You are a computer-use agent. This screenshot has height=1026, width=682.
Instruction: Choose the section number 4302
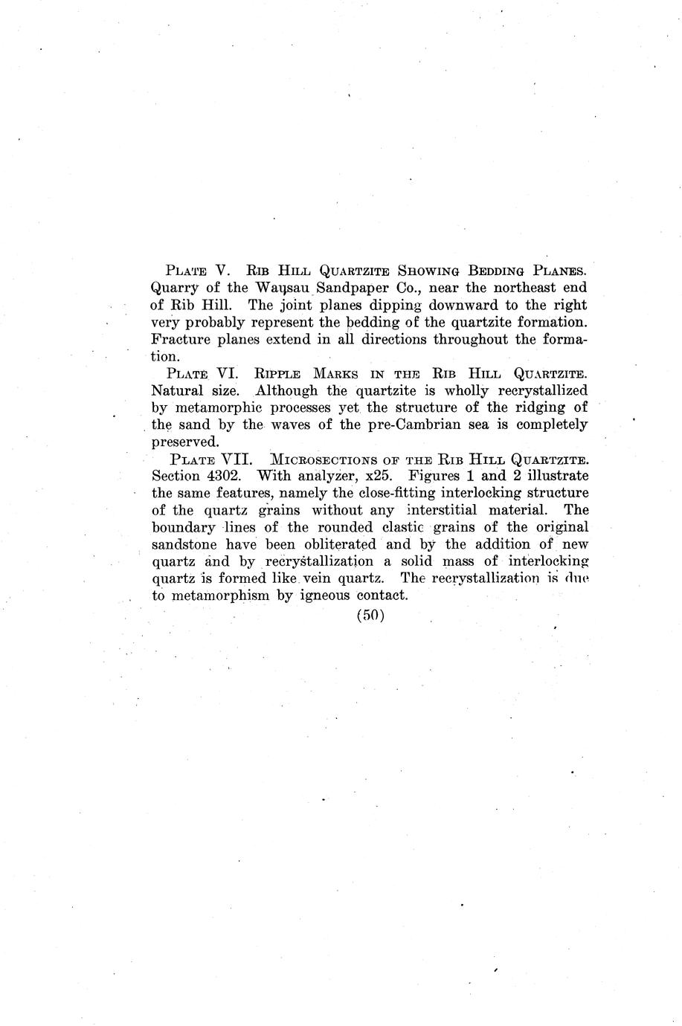click(x=224, y=476)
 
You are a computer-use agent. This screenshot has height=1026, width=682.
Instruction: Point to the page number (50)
click(x=370, y=616)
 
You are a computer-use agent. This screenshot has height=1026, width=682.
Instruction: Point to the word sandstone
click(x=185, y=545)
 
